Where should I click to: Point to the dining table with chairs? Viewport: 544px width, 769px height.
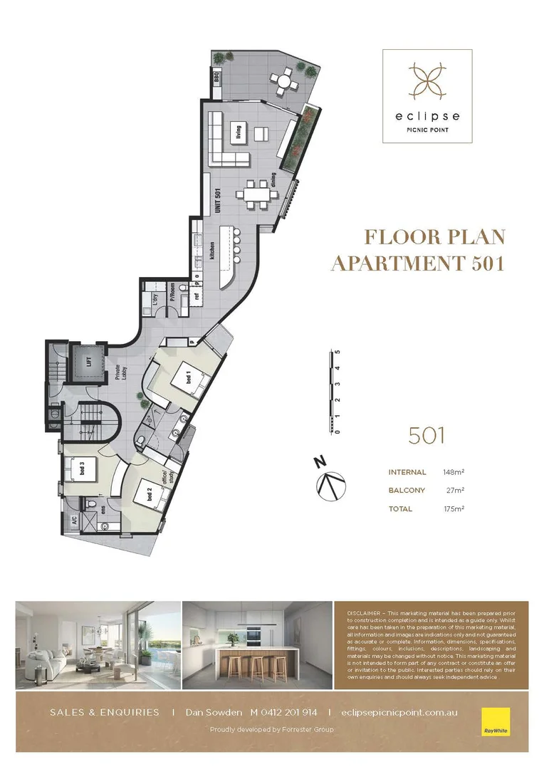[255, 193]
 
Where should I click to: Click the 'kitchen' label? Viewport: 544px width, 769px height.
[212, 251]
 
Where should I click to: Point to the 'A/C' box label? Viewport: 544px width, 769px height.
[73, 520]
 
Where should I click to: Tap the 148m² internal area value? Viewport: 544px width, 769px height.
[454, 472]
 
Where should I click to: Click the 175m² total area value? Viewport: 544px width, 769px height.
[454, 509]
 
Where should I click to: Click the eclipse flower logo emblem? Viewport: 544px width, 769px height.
[427, 80]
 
